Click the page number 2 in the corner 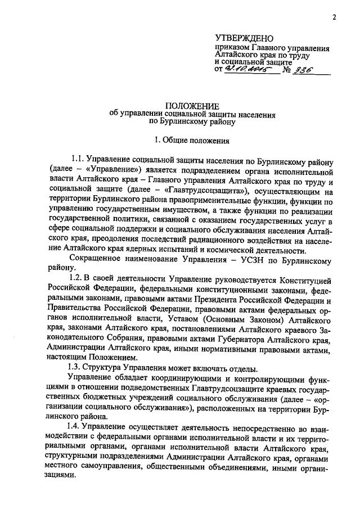[334, 17]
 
